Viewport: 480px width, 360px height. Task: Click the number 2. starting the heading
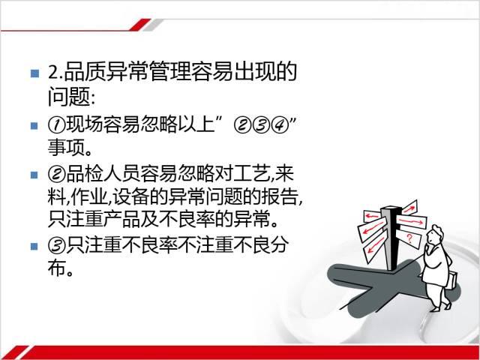55,73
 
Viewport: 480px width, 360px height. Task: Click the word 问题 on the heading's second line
68,97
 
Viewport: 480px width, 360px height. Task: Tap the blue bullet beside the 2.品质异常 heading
35,73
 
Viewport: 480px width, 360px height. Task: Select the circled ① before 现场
56,125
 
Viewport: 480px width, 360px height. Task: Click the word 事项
66,147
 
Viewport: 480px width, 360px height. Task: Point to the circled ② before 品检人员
57,173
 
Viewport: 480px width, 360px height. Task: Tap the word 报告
280,196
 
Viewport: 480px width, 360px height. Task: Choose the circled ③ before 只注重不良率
57,245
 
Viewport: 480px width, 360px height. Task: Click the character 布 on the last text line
57,268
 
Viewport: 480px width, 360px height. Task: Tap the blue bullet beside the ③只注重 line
34,247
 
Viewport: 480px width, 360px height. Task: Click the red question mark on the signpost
409,238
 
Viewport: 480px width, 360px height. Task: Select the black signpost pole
391,238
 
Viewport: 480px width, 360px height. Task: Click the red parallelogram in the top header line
140,25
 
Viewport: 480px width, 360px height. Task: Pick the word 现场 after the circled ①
84,125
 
